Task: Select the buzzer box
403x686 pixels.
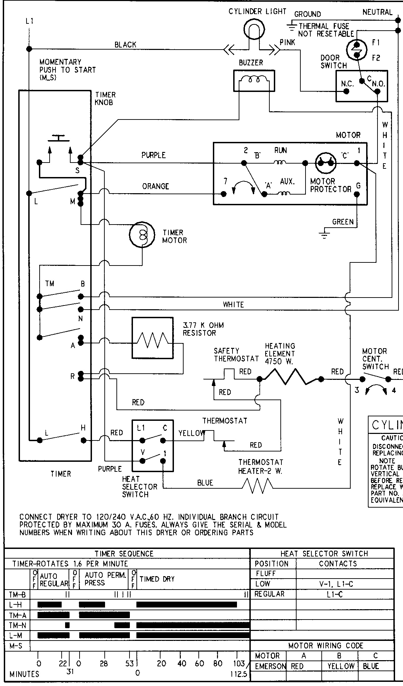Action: [254, 81]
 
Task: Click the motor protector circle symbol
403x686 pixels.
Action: [326, 163]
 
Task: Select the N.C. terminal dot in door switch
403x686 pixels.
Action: [347, 91]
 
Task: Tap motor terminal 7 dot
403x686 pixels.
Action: [224, 194]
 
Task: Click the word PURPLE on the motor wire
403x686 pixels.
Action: [154, 155]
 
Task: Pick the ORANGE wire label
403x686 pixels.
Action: [156, 186]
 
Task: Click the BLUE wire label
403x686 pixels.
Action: [205, 483]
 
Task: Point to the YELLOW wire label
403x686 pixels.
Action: [192, 433]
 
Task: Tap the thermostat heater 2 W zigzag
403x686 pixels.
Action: [257, 487]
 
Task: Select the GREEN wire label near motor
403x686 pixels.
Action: [343, 222]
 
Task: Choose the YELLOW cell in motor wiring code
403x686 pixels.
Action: [340, 666]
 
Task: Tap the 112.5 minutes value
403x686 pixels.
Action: [239, 674]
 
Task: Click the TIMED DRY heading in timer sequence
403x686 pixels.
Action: [157, 579]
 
